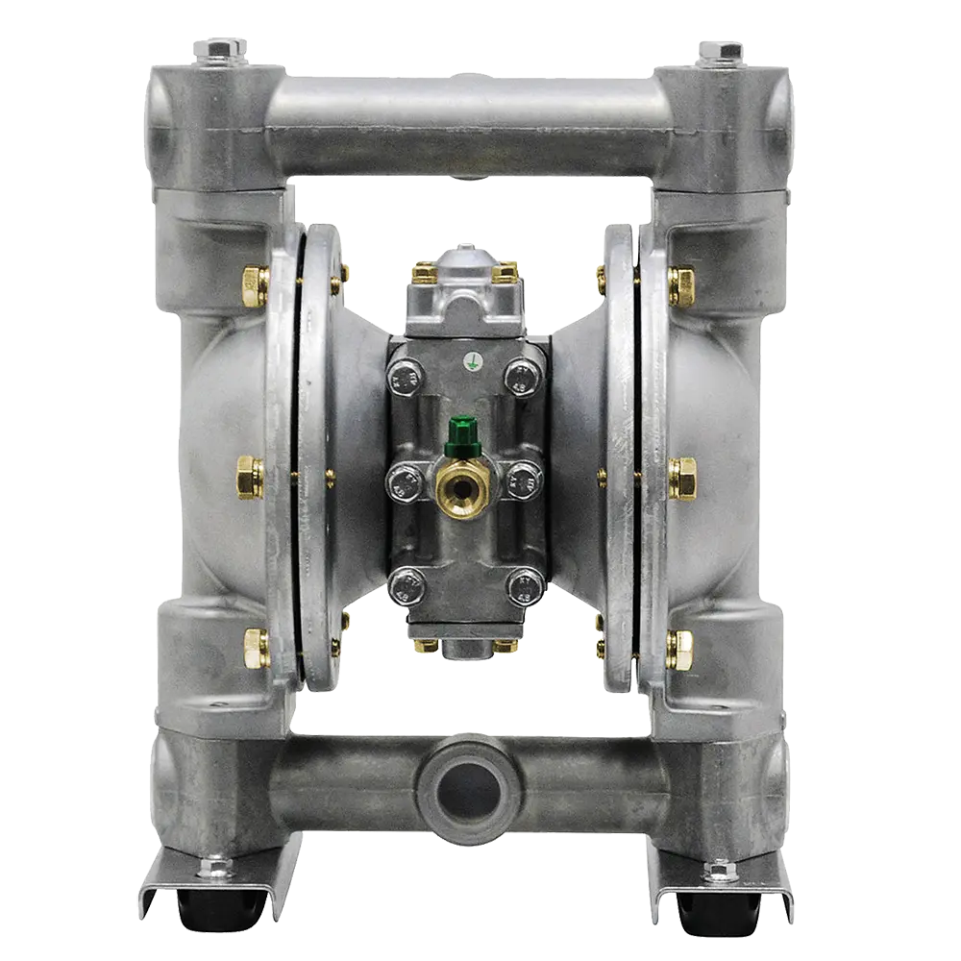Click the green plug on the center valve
tap(464, 425)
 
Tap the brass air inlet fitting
tap(463, 485)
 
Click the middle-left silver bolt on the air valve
tap(405, 479)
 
